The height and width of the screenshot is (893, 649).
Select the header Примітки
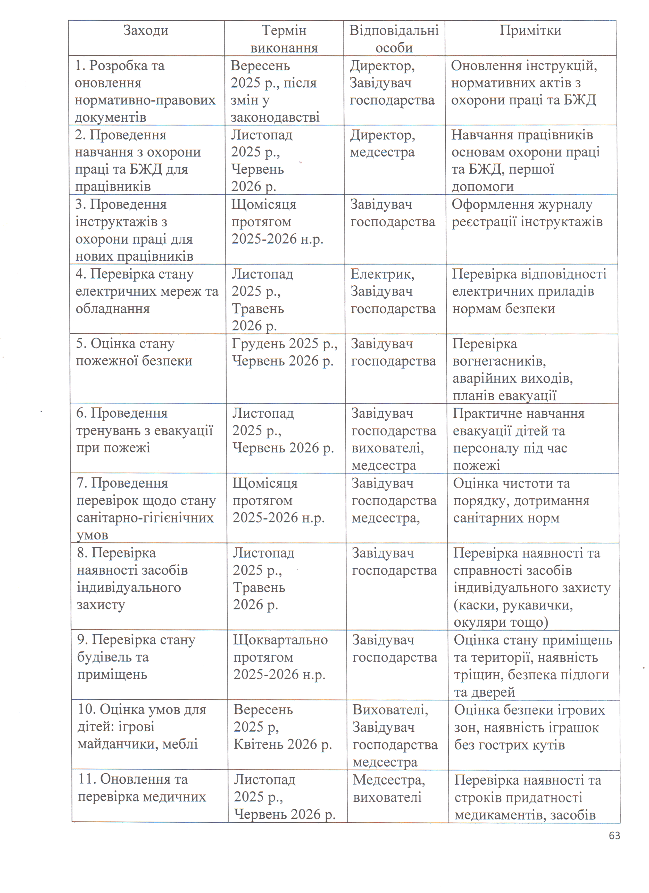coord(530,30)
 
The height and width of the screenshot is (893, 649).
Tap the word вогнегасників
coord(499,361)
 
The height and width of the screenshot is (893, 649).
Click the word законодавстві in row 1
coord(275,117)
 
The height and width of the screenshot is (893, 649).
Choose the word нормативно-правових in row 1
coord(145,100)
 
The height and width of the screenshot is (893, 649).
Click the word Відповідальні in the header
coord(394,30)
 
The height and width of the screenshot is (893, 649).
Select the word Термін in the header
coord(284,30)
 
